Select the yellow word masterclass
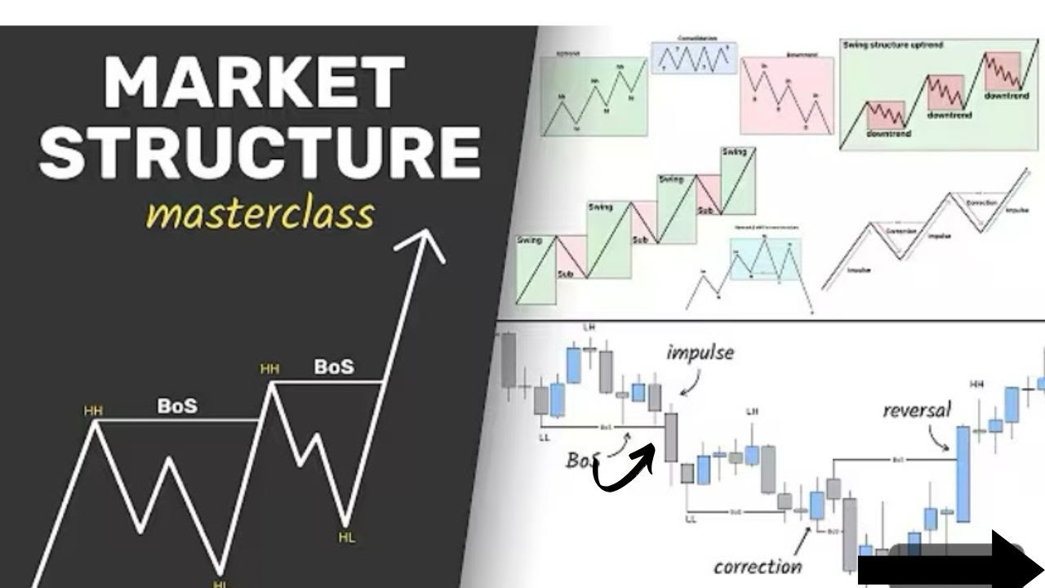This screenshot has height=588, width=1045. click(x=260, y=214)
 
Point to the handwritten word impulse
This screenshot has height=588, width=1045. click(x=700, y=353)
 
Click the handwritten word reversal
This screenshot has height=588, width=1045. click(x=916, y=410)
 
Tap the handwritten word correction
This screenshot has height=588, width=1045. click(x=757, y=566)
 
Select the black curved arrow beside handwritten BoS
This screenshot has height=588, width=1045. click(x=625, y=470)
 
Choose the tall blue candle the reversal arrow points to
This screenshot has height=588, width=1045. click(x=963, y=474)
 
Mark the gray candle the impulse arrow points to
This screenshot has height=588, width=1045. click(x=671, y=437)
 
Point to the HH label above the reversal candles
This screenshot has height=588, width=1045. click(x=976, y=384)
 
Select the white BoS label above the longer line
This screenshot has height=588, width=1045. click(x=177, y=406)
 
